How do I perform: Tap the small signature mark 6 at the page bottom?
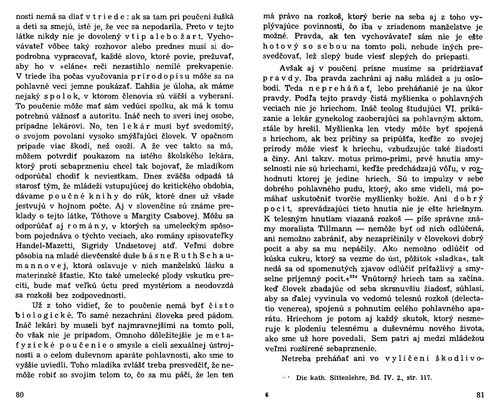267,395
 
